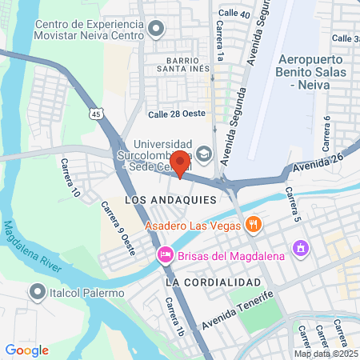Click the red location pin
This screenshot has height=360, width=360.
pos(180,162)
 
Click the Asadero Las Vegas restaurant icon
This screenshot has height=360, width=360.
pos(254,224)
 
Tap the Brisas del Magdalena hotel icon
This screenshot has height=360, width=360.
pos(164,255)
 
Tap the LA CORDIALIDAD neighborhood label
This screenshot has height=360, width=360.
pos(214,283)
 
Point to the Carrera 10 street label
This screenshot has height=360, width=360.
pos(70,178)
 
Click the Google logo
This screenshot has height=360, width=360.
pos(27,350)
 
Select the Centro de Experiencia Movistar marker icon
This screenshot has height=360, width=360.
pos(156,29)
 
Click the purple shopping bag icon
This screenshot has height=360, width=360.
pos(300,248)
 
